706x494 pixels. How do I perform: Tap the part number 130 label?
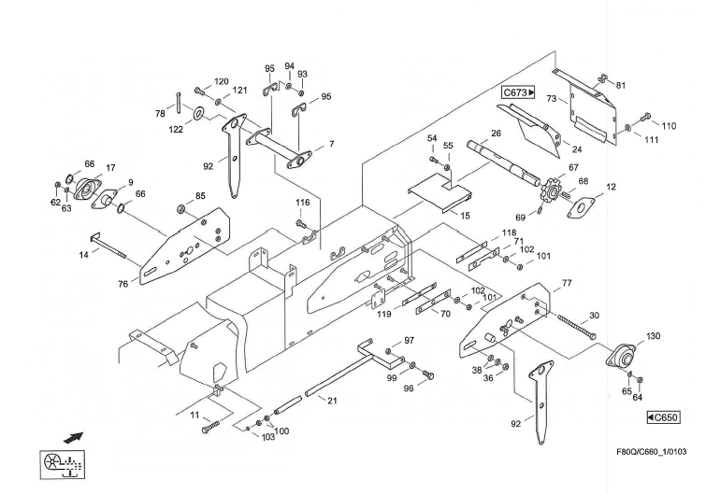[653, 336]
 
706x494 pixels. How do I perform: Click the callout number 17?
[110, 168]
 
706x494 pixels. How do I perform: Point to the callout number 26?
[497, 134]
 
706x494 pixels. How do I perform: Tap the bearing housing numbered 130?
[621, 358]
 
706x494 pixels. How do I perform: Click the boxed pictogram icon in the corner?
[61, 463]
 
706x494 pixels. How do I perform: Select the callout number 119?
[384, 315]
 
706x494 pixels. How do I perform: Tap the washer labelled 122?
[199, 114]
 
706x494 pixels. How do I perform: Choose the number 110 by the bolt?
[668, 126]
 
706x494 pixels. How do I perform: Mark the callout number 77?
[566, 282]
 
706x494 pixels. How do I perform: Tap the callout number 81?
[621, 85]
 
